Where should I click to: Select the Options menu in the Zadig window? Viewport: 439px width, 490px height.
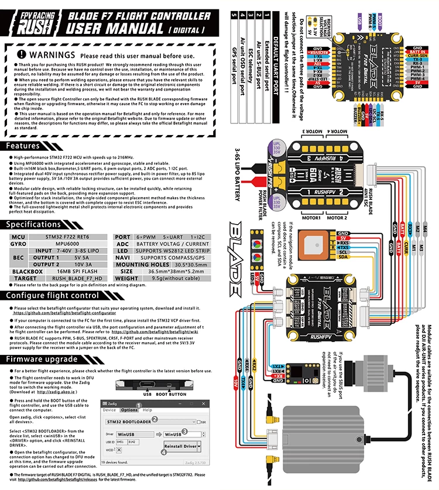[x=129, y=410]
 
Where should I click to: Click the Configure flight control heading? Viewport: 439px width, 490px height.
[x=52, y=295]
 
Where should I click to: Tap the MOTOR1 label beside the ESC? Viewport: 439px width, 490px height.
[x=310, y=218]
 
